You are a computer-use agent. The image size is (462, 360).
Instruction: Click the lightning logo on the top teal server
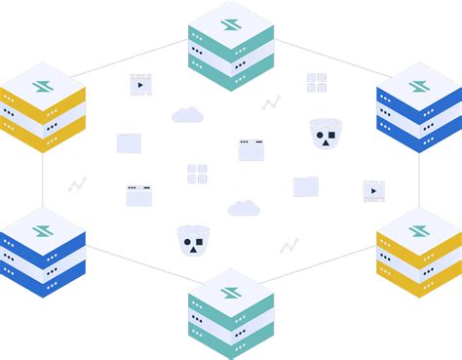(231, 24)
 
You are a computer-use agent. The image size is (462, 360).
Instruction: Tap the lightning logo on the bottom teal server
(231, 292)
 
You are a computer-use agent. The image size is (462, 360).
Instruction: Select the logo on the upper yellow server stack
(42, 86)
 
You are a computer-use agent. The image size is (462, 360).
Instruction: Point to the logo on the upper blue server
(419, 86)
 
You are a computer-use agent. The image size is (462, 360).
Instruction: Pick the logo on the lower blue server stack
(42, 231)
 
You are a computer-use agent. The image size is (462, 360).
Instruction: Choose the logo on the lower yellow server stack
(419, 231)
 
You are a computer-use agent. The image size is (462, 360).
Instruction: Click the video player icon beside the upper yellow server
(140, 85)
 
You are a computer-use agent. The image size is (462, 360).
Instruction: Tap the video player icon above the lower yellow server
(373, 190)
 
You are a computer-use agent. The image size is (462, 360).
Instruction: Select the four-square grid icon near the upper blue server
(316, 82)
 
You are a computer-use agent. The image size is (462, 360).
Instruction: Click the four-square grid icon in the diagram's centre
(197, 174)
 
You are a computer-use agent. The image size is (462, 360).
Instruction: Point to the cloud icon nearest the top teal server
(187, 115)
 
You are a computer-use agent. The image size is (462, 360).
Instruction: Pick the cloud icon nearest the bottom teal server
(244, 208)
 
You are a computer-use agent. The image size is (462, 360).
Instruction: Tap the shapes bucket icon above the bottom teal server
(192, 240)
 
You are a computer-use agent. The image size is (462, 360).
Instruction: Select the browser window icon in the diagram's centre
(251, 149)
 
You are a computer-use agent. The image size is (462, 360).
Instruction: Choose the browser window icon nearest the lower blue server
(138, 195)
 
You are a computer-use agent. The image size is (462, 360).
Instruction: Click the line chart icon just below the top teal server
(271, 102)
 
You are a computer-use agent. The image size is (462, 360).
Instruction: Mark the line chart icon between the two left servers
(77, 183)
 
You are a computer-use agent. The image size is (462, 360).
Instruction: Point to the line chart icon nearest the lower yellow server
(289, 245)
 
